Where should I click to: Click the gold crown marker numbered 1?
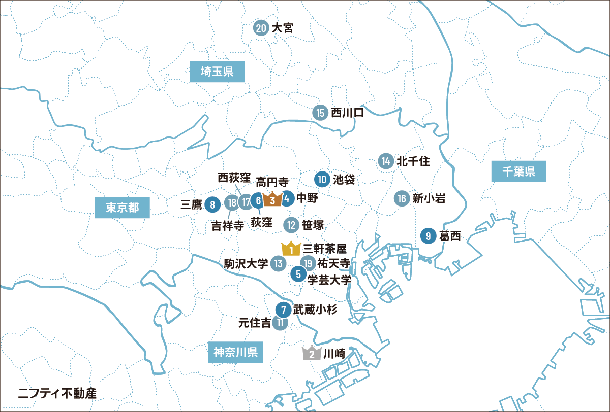tap(291, 249)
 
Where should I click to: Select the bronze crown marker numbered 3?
tap(272, 200)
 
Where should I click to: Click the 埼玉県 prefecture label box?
tap(217, 72)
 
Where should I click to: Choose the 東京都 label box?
tap(123, 208)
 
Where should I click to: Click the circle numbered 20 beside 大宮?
tap(261, 28)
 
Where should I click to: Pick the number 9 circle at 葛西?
tap(429, 236)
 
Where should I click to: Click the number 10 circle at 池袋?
tap(322, 179)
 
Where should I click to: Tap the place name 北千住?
tap(413, 162)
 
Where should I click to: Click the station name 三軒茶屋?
tap(324, 249)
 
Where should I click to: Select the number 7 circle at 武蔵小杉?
tap(283, 310)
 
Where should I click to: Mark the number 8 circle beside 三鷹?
tap(212, 205)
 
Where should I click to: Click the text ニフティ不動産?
tap(57, 392)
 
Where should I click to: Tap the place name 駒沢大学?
tap(246, 263)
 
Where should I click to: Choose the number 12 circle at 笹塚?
tap(291, 224)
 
